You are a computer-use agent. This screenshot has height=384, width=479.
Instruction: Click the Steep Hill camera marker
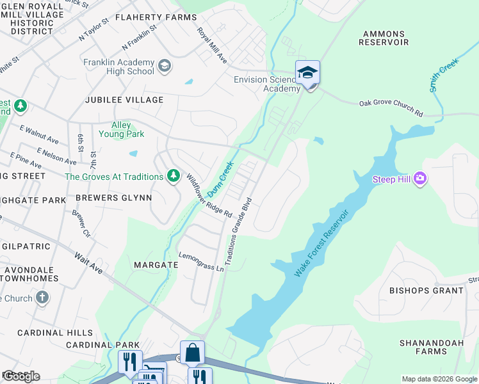(420, 178)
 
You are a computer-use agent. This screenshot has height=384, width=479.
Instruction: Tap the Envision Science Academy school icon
(307, 72)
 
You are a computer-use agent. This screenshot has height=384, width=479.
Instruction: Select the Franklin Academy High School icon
(165, 66)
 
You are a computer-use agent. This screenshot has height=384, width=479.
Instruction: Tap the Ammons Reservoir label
(384, 38)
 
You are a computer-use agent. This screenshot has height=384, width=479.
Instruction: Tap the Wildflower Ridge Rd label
(209, 196)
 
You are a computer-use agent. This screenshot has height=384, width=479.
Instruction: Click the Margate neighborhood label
(156, 264)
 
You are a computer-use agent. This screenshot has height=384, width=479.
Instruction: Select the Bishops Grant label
(426, 291)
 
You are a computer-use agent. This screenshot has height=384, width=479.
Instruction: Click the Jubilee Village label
(126, 100)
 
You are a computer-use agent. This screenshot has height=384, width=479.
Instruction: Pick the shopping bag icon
(192, 353)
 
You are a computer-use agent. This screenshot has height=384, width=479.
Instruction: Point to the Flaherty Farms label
(156, 17)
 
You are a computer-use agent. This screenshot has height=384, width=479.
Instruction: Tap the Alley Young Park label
(121, 129)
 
